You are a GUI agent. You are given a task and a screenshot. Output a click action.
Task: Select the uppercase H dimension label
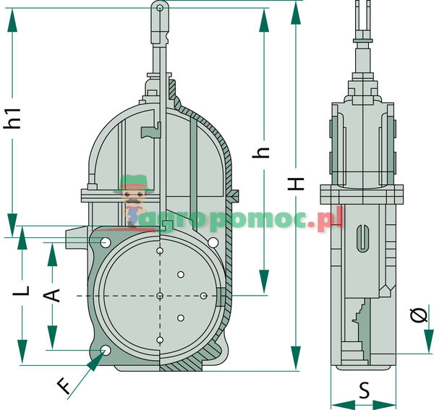pyautogui.click(x=296, y=184)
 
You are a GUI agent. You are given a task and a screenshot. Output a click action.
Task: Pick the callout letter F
pyautogui.click(x=65, y=387)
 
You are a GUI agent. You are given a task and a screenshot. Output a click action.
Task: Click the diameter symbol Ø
pyautogui.click(x=418, y=315)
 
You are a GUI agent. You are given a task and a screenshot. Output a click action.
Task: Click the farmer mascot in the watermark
pyautogui.click(x=132, y=199)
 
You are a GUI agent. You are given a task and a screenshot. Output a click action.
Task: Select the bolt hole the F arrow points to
pyautogui.click(x=106, y=351)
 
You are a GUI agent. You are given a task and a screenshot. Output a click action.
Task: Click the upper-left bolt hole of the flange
pyautogui.click(x=106, y=242)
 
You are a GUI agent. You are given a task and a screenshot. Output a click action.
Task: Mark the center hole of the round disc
pyautogui.click(x=159, y=296)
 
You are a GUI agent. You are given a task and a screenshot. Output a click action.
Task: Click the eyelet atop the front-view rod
pyautogui.click(x=159, y=9)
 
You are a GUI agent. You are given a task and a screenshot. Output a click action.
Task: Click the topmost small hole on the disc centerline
pyautogui.click(x=159, y=252)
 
